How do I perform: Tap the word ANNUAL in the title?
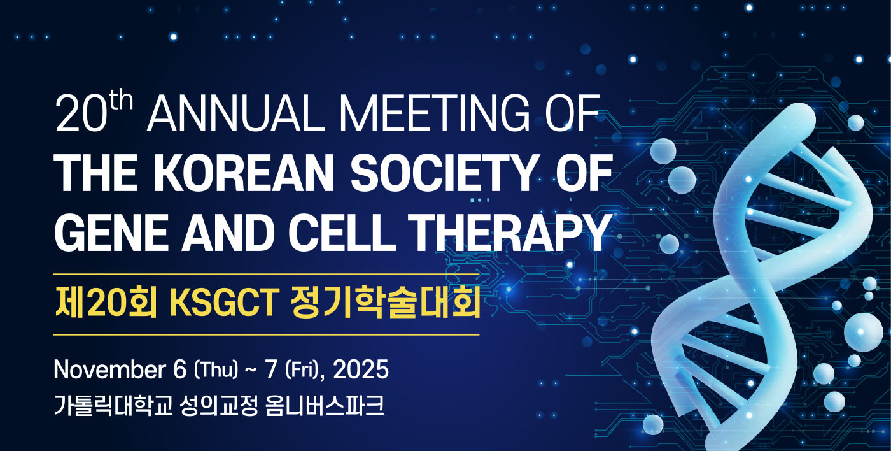tap(236, 113)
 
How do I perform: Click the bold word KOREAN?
tap(248, 173)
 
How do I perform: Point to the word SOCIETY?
tap(443, 173)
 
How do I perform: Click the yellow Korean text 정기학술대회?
tap(386, 303)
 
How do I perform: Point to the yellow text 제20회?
tap(106, 303)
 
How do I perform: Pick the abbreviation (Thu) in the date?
tap(216, 370)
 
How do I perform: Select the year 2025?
tap(361, 370)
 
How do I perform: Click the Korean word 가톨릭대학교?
tap(114, 405)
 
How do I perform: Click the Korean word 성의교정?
tap(219, 405)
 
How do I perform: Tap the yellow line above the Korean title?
tap(266, 275)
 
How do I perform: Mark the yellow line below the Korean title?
tap(266, 335)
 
